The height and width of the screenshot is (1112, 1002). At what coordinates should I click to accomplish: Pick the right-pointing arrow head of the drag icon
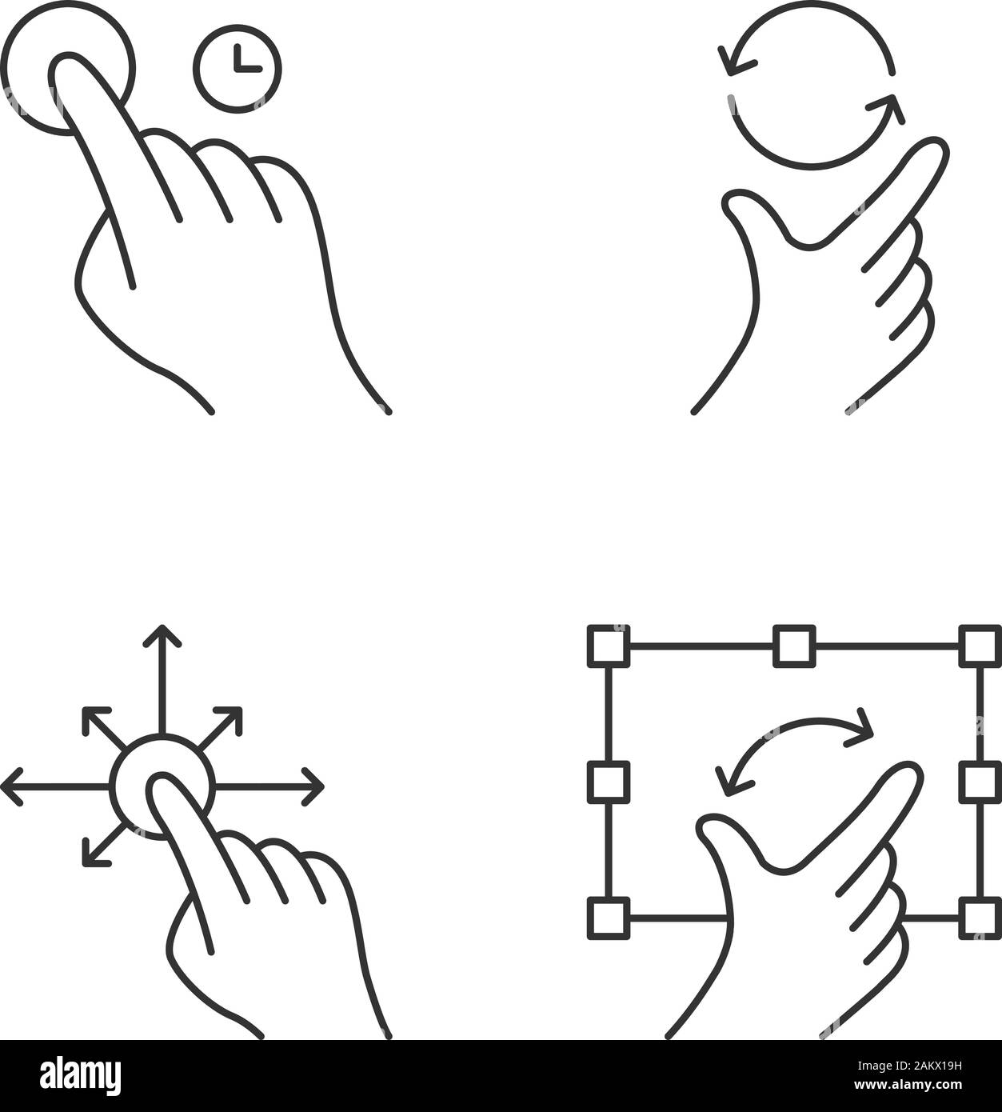tap(315, 787)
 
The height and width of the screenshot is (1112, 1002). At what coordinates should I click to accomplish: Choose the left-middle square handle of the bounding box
tap(609, 782)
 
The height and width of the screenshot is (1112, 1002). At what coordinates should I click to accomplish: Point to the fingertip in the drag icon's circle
tap(163, 788)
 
